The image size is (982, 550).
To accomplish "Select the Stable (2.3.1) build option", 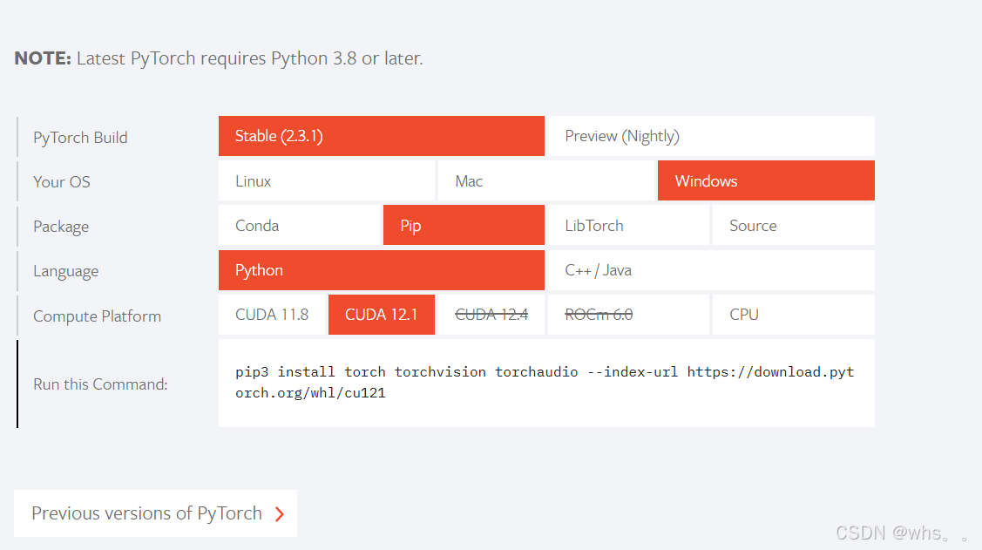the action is [x=381, y=137].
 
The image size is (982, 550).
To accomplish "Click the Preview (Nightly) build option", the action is [x=709, y=137].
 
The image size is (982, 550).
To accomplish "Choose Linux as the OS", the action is [x=326, y=181].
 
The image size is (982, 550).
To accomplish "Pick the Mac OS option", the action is [x=545, y=181].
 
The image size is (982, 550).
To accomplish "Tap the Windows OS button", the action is [x=765, y=181].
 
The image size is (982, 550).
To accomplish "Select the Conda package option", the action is [x=299, y=226].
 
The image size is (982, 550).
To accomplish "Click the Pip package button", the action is [x=463, y=226].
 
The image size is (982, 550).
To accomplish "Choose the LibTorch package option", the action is [x=627, y=226].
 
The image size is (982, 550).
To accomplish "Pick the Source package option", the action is [x=792, y=226].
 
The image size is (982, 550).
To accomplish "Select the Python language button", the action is [x=381, y=270].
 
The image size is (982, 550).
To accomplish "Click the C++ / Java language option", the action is [x=709, y=270].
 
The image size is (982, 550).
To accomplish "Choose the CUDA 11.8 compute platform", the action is [x=272, y=315].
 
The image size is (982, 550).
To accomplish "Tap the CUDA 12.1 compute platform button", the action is [x=381, y=315].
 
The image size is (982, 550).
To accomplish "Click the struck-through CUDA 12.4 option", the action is [x=491, y=315].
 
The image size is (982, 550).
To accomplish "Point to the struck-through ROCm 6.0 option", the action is [x=599, y=315].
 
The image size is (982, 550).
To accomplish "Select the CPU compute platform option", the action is [x=792, y=315].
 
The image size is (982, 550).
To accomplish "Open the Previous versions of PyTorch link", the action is [x=155, y=513].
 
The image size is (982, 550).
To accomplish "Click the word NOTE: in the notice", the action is [x=43, y=59].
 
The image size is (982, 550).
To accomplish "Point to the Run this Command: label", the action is [x=100, y=384].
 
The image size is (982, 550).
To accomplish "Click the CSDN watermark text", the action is [x=901, y=533].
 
